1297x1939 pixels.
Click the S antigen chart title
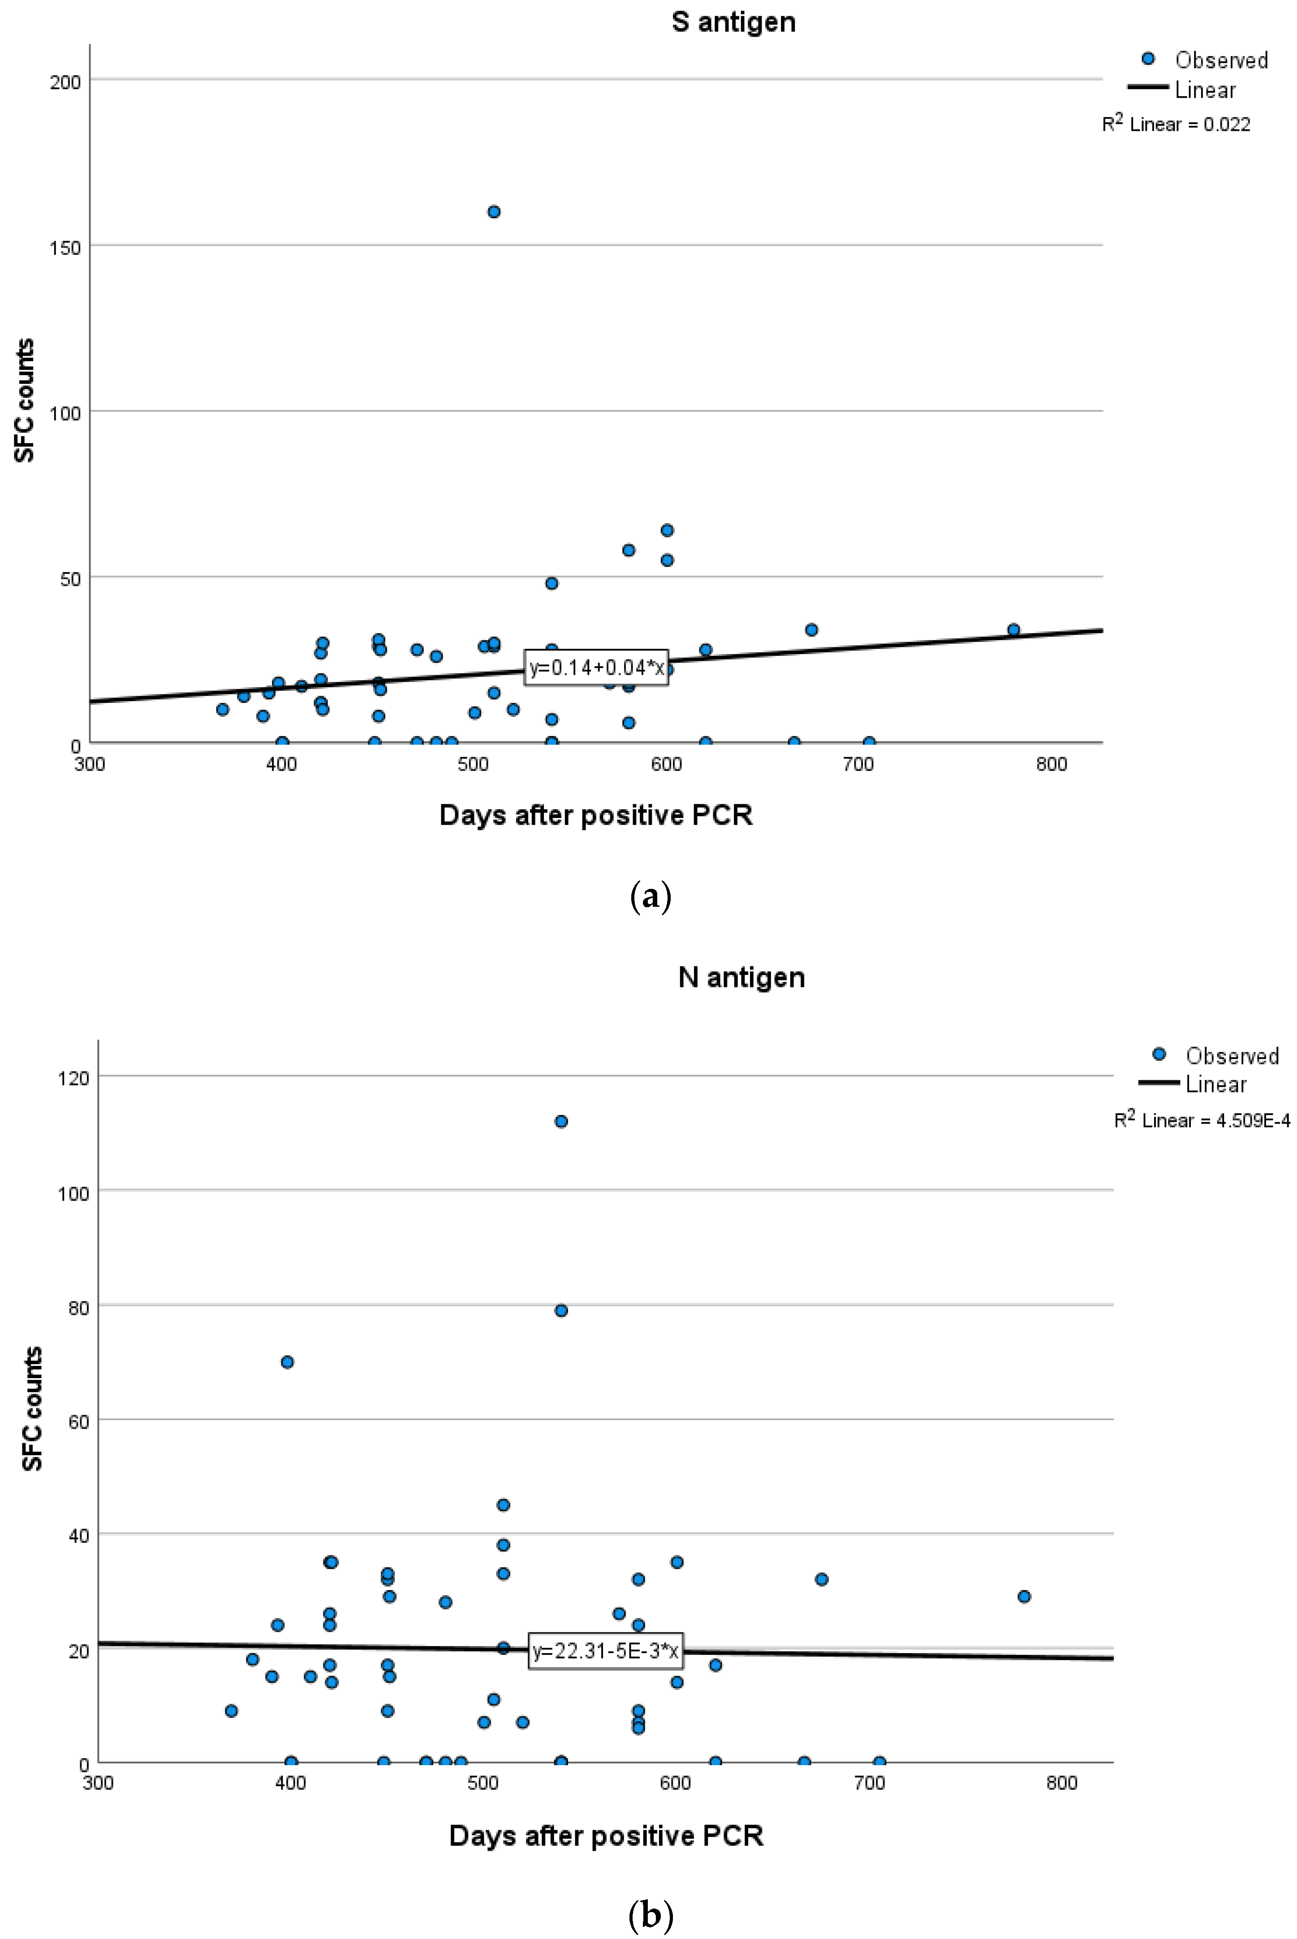pyautogui.click(x=733, y=22)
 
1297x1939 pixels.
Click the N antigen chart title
pyautogui.click(x=741, y=977)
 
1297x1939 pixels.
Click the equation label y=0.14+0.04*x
pyautogui.click(x=595, y=668)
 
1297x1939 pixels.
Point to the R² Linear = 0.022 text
pyautogui.click(x=1176, y=124)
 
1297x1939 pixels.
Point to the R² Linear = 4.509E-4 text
pyautogui.click(x=1201, y=1120)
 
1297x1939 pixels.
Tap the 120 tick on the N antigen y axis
pyautogui.click(x=73, y=1078)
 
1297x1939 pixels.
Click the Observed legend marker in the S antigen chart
pyautogui.click(x=1148, y=59)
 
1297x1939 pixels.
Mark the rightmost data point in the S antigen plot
pyautogui.click(x=1013, y=629)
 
